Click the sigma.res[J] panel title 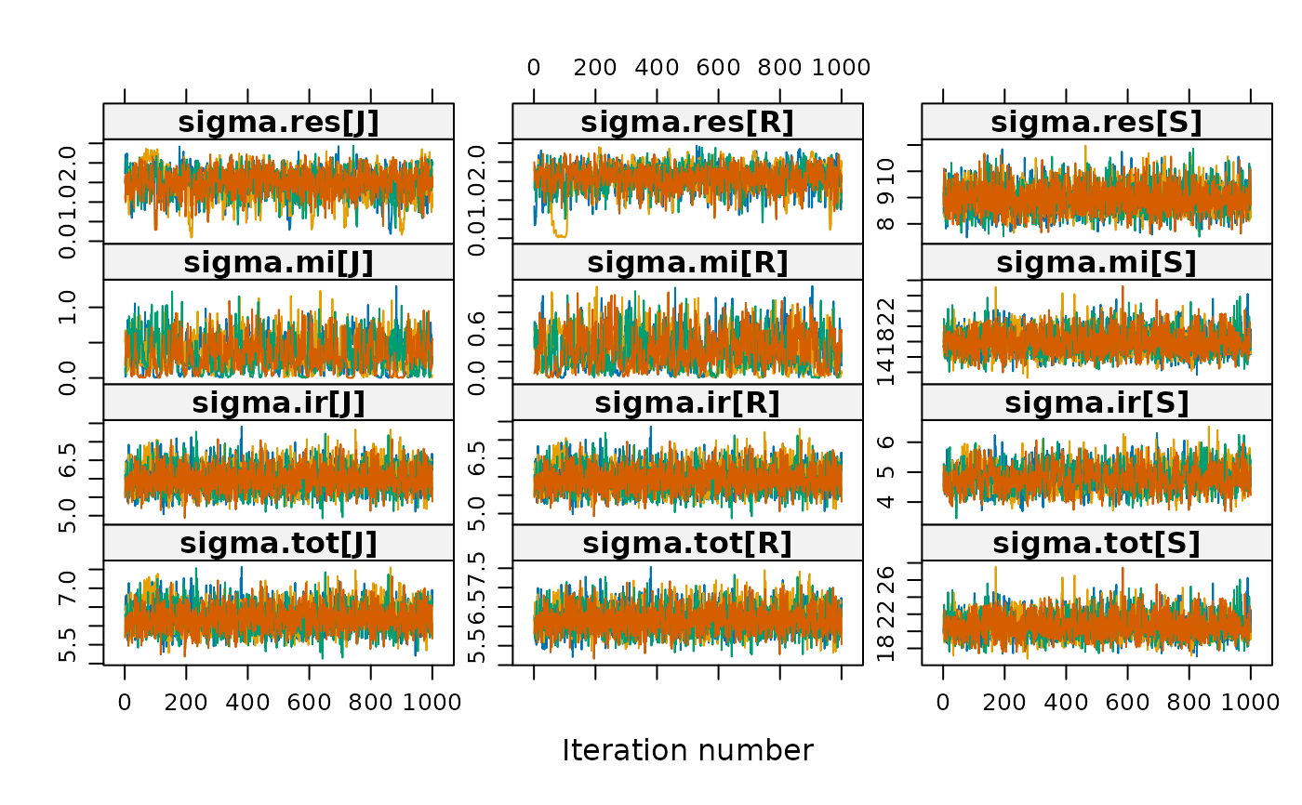[x=278, y=122]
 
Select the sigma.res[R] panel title [x=687, y=122]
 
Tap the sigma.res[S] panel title [x=1096, y=122]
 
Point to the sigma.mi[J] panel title [x=278, y=262]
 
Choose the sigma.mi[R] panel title [x=687, y=262]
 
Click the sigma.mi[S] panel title [x=1096, y=262]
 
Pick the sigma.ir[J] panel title [x=278, y=402]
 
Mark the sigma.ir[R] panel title [x=687, y=402]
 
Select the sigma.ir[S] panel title [x=1096, y=402]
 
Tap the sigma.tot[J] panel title [x=278, y=543]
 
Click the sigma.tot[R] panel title [x=687, y=543]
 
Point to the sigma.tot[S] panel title [x=1096, y=543]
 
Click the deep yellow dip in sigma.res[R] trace [x=559, y=233]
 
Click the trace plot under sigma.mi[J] [x=278, y=332]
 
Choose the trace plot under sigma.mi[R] [x=687, y=332]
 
